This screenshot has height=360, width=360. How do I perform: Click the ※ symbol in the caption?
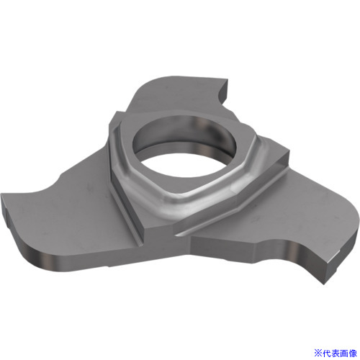point(318,353)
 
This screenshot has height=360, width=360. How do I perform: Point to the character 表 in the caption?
point(336,353)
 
